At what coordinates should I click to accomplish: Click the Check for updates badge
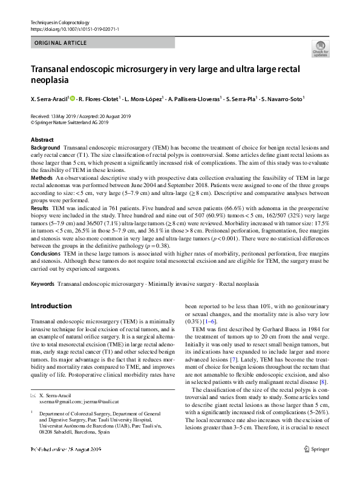coord(319,48)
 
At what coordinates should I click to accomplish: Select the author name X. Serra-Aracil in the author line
coord(49,97)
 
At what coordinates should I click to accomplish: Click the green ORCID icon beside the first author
coord(72,97)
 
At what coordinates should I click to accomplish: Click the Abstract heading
coord(42,139)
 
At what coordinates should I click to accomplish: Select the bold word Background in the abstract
coord(45,148)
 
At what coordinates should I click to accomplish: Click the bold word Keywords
coord(43,283)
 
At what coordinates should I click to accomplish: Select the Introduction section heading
coord(51,306)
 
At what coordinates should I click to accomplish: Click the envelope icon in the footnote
coord(33,395)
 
